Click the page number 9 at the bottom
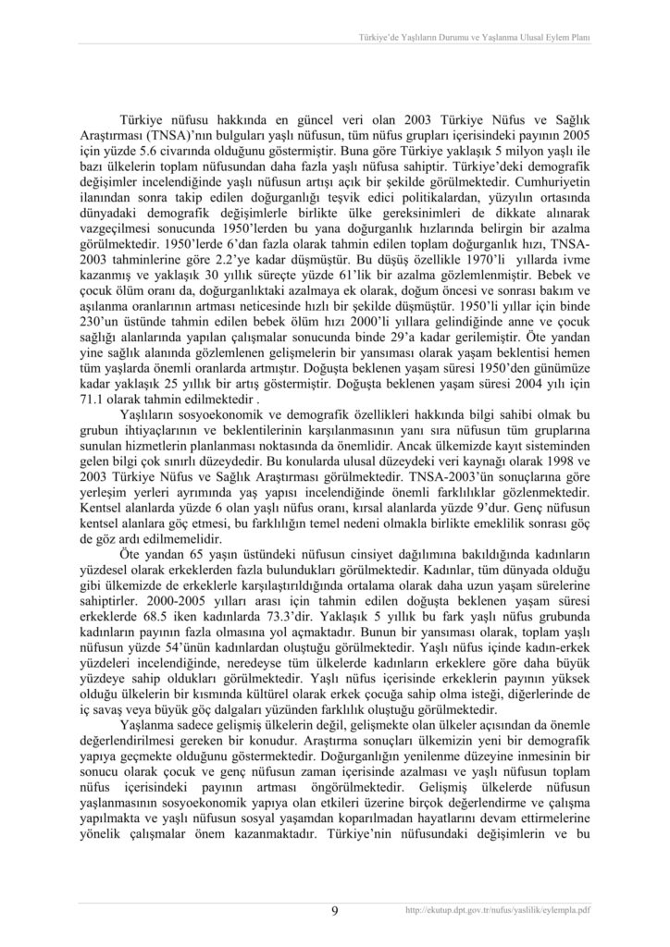point(334,911)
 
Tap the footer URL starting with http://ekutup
point(498,910)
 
